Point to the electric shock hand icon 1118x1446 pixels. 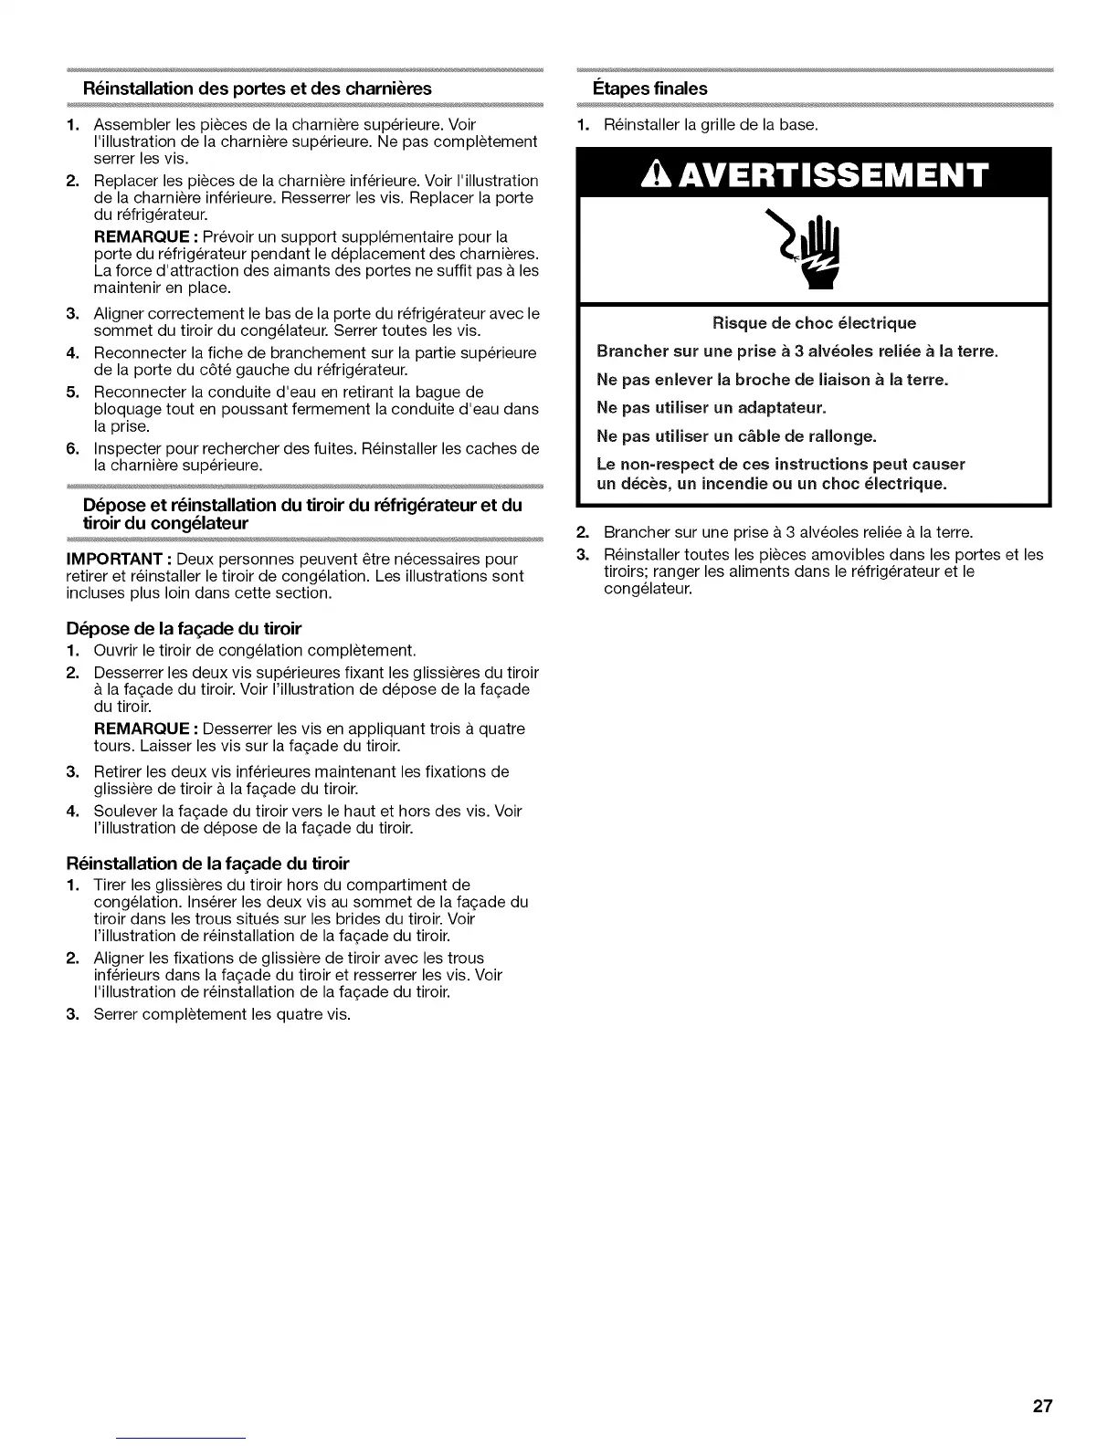(816, 246)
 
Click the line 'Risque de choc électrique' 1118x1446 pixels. (814, 323)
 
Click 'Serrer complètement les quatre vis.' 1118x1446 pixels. (222, 1014)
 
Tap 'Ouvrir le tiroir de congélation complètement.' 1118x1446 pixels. (255, 650)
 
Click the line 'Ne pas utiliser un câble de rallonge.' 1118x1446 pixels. (736, 435)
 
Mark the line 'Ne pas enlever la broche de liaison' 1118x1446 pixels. (772, 379)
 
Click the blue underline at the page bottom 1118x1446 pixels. (182, 1439)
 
